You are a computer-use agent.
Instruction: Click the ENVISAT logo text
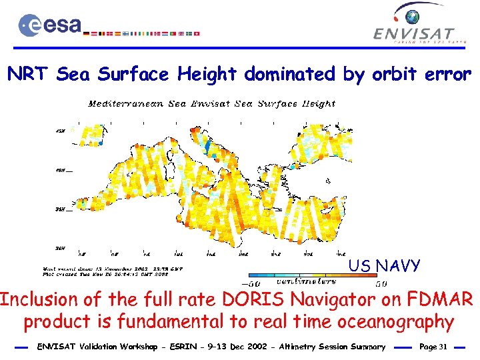pos(413,33)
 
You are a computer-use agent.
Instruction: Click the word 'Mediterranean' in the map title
pos(121,104)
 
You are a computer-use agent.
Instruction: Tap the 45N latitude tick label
pos(60,131)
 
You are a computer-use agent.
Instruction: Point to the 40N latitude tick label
pos(60,170)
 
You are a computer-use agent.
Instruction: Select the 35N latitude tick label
pos(60,209)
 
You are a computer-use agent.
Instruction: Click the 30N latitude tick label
pos(60,247)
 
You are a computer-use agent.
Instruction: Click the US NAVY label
pos(384,266)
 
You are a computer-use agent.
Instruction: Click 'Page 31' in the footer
pos(433,347)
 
